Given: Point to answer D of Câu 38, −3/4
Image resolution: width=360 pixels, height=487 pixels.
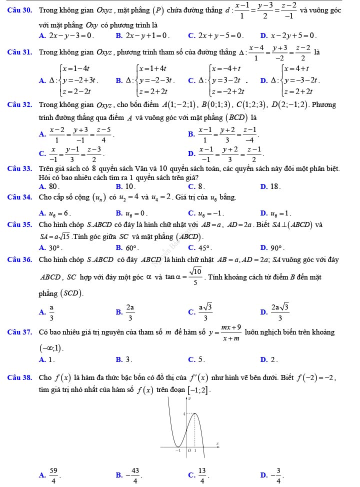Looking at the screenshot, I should click(274, 478).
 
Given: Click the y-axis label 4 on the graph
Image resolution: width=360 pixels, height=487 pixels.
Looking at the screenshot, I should click(170, 413).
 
